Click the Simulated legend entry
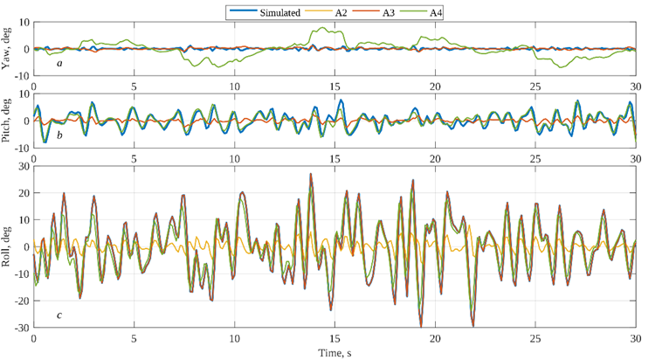coord(267,13)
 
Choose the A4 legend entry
coord(437,13)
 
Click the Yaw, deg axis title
coord(8,49)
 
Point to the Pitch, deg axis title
coord(8,121)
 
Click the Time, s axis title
coord(334,352)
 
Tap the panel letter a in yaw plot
coord(59,64)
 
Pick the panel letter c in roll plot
coord(59,315)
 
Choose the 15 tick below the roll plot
coord(334,339)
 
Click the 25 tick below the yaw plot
coord(535,87)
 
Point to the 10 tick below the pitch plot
coord(234,159)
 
